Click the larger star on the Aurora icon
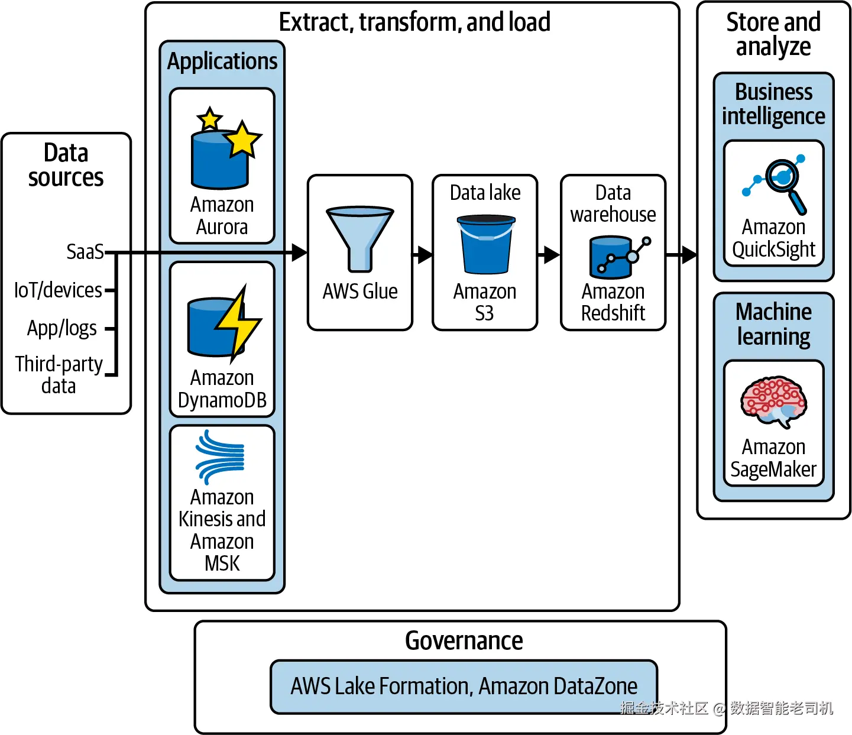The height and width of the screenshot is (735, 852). (x=242, y=140)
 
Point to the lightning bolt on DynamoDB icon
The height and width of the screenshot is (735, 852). (x=237, y=322)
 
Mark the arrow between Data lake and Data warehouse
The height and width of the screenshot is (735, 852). (x=550, y=255)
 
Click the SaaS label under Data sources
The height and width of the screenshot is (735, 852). (x=85, y=252)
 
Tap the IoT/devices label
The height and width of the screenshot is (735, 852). (x=58, y=290)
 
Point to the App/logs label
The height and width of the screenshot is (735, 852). (x=62, y=328)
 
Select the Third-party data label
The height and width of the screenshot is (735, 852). (x=59, y=375)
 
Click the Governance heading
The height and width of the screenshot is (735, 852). (x=464, y=641)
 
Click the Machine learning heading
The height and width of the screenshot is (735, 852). (x=773, y=324)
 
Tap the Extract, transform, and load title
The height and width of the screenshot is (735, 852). (x=414, y=22)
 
